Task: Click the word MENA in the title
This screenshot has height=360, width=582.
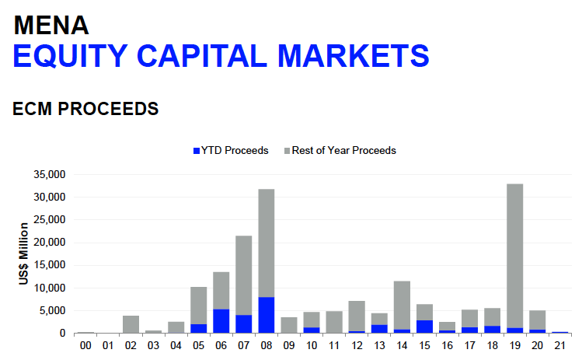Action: pyautogui.click(x=51, y=25)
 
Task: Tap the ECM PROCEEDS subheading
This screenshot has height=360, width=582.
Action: pyautogui.click(x=85, y=109)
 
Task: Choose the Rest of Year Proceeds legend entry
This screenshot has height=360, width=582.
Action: pyautogui.click(x=343, y=150)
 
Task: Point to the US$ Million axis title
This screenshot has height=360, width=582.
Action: pyautogui.click(x=25, y=253)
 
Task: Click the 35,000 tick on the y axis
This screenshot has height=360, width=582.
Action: pyautogui.click(x=50, y=174)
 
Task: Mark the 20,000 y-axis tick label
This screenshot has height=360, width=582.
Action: pyautogui.click(x=50, y=243)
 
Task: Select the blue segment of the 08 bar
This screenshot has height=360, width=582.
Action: pyautogui.click(x=266, y=315)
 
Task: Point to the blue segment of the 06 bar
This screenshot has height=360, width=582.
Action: pyautogui.click(x=221, y=321)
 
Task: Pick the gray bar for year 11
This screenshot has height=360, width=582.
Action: pyautogui.click(x=333, y=322)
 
